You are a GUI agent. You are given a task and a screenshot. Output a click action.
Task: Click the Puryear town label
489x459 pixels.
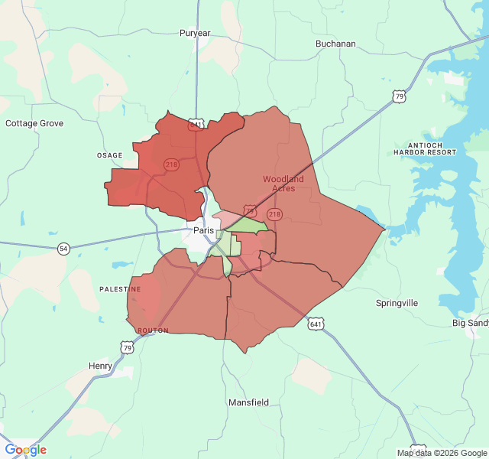point(195,33)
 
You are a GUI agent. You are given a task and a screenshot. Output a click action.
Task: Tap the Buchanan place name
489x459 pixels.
point(335,44)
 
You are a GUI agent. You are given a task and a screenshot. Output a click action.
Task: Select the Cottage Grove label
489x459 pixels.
point(34,123)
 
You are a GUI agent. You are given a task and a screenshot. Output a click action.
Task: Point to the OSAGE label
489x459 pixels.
point(109,155)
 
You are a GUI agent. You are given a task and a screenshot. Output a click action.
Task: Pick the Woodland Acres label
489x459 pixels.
point(283,184)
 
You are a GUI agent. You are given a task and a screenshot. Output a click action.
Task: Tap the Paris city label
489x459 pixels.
point(204,230)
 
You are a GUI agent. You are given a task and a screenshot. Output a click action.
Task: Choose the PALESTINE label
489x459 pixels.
point(121,289)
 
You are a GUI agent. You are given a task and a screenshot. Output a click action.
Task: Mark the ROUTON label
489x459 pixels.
point(153,330)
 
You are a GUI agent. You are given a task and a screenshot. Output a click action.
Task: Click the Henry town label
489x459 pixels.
point(100,366)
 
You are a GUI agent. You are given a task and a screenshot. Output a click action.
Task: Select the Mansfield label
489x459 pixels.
point(248,402)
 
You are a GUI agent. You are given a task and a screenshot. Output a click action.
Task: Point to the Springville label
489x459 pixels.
point(397,303)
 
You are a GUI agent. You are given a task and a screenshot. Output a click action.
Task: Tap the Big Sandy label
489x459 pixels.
point(470,324)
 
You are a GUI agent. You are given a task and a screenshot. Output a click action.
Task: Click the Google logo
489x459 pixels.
point(26,450)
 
